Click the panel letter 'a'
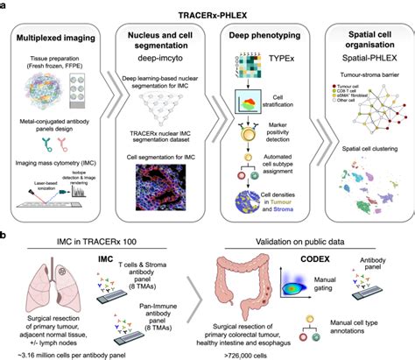(6, 6)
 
